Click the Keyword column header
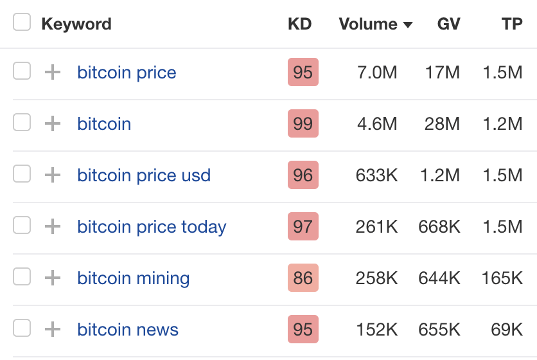pyautogui.click(x=76, y=24)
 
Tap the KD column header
pyautogui.click(x=299, y=24)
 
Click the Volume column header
pyautogui.click(x=368, y=24)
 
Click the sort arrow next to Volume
pyautogui.click(x=407, y=25)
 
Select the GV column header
pyautogui.click(x=448, y=24)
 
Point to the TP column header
pyautogui.click(x=512, y=24)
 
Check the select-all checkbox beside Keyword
pyautogui.click(x=22, y=23)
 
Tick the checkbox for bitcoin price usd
pyautogui.click(x=22, y=174)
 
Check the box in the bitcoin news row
pyautogui.click(x=22, y=328)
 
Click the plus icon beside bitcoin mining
pyautogui.click(x=52, y=278)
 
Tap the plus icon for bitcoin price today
pyautogui.click(x=52, y=226)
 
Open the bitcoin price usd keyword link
pyautogui.click(x=144, y=175)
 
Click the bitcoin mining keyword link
pyautogui.click(x=133, y=278)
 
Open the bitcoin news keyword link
pyautogui.click(x=128, y=330)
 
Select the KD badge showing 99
pyautogui.click(x=303, y=123)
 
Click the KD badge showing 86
pyautogui.click(x=303, y=278)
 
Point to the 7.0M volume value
pyautogui.click(x=377, y=73)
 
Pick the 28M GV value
pyautogui.click(x=442, y=124)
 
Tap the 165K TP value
pyautogui.click(x=502, y=278)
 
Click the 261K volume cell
pyautogui.click(x=376, y=227)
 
